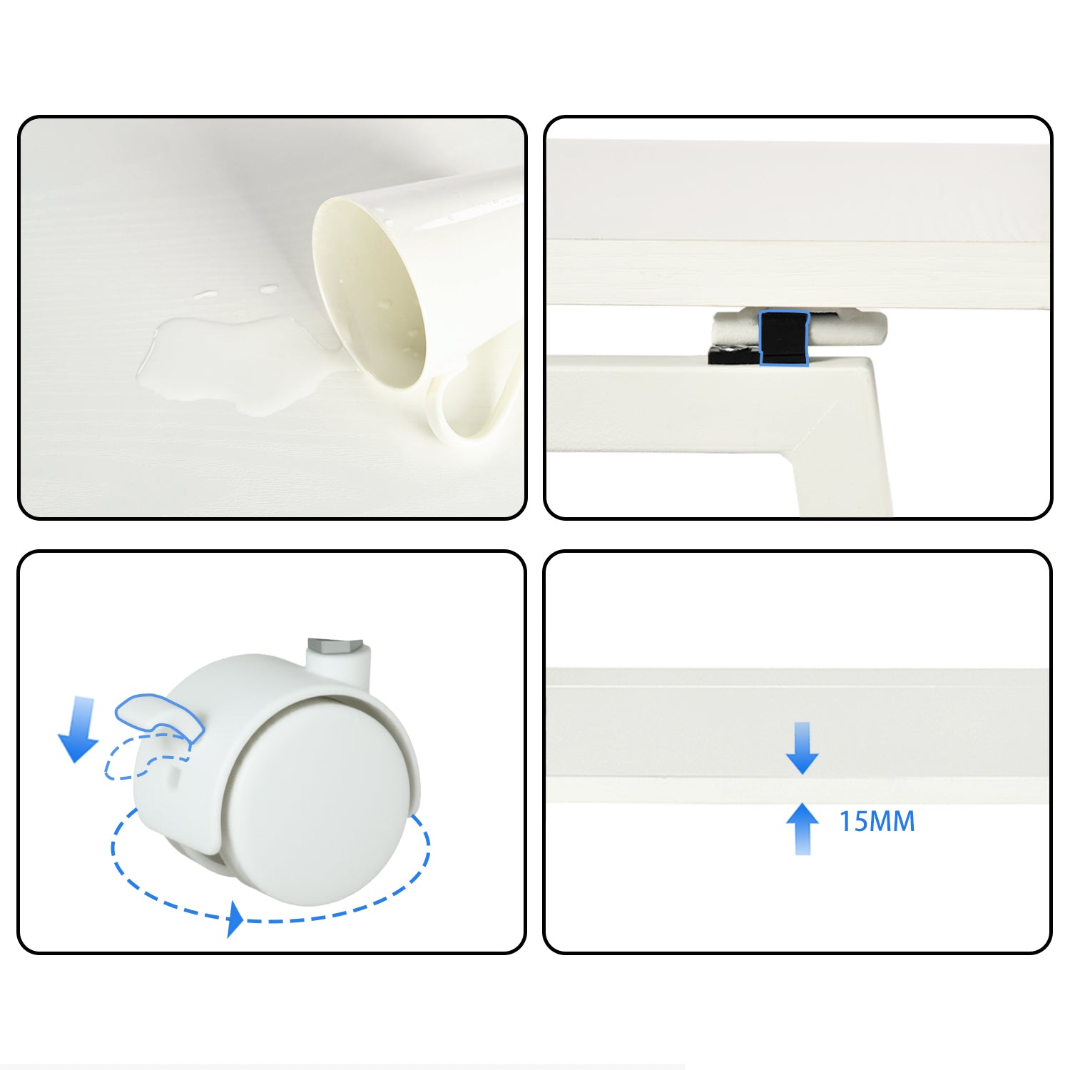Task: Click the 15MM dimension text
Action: [x=877, y=822]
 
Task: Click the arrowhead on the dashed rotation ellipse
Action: [x=235, y=919]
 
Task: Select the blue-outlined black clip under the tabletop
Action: [x=784, y=338]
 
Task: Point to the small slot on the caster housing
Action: [x=173, y=774]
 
